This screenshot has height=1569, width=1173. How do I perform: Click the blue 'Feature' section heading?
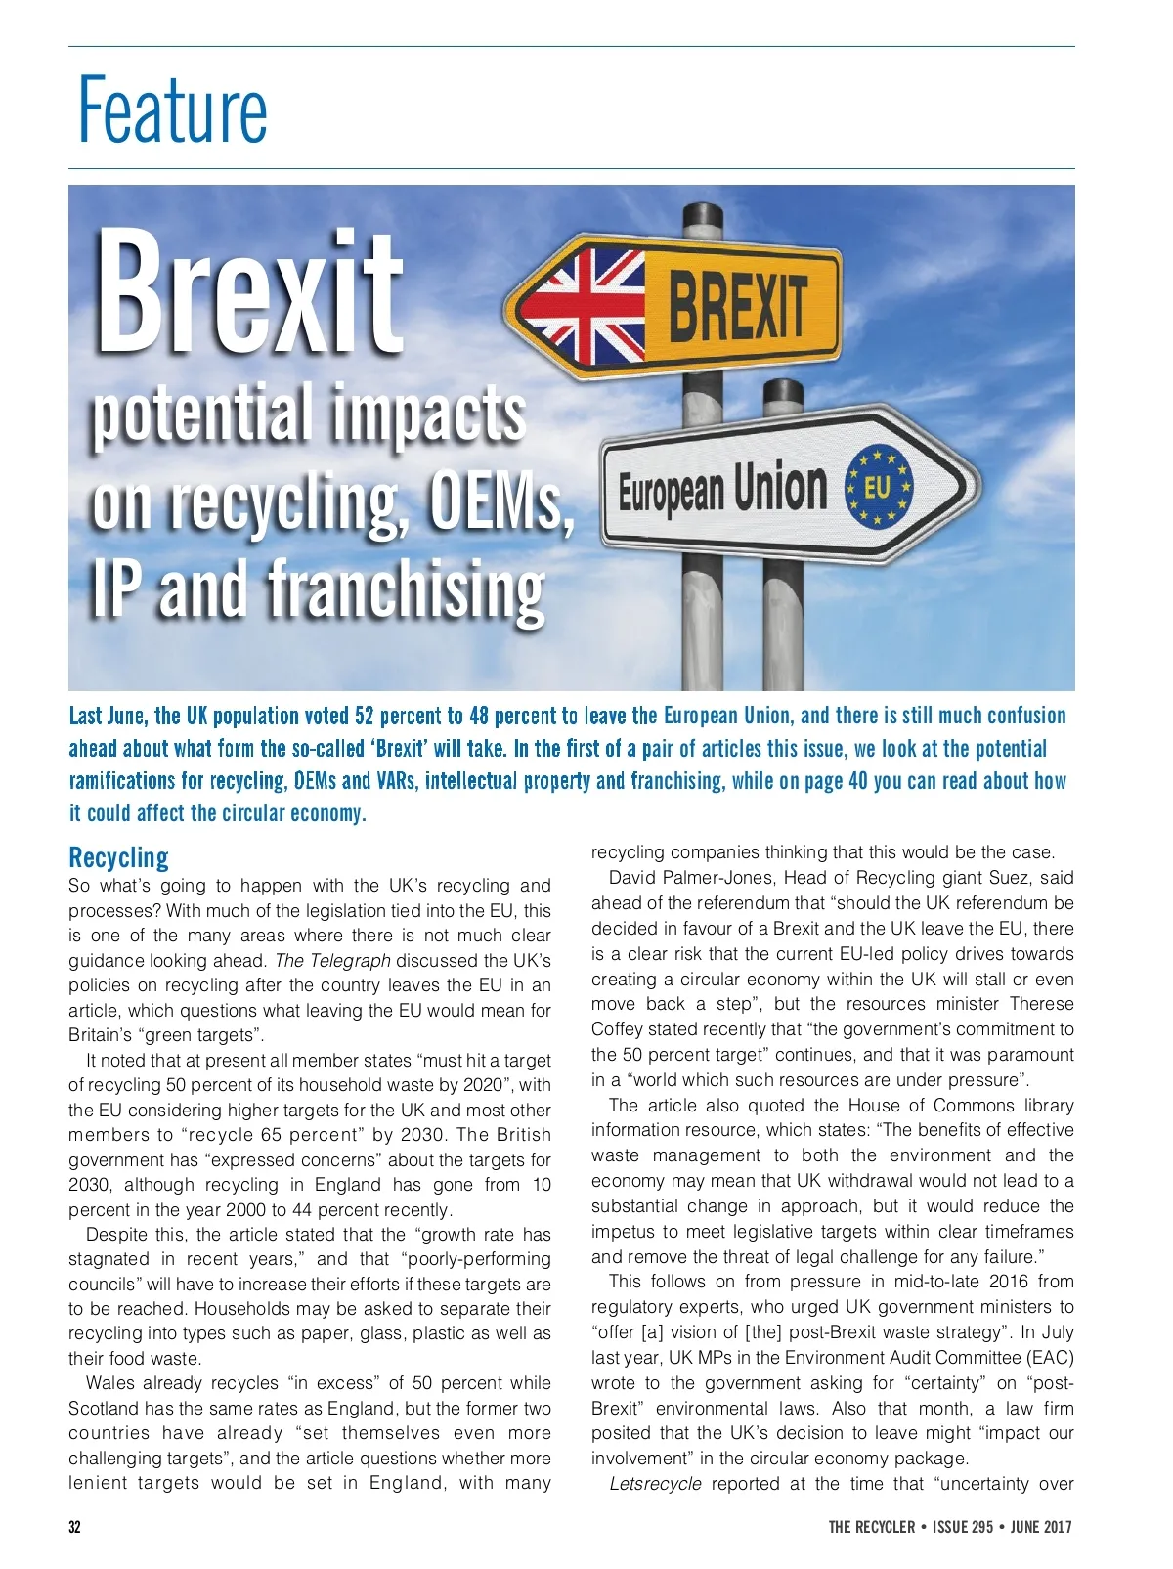[172, 109]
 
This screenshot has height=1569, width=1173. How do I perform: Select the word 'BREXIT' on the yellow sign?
[738, 305]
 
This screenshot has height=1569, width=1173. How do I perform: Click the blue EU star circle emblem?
[877, 485]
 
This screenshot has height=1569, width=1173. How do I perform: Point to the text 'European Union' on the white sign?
[722, 489]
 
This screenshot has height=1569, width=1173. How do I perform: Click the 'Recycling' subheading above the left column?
[118, 857]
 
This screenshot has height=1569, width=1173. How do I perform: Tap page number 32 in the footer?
[75, 1527]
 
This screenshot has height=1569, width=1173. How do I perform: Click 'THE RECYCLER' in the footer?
[872, 1527]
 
